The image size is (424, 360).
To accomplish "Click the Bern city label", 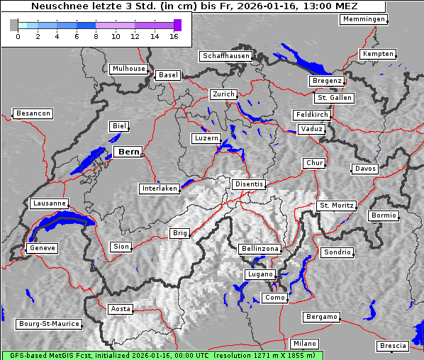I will coord(128,152).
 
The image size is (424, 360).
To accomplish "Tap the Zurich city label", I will coord(223,94).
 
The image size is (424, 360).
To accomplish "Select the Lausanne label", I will coord(49,203).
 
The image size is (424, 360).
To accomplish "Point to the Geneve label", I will coord(42,248).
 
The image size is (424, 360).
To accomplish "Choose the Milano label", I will coord(305,343).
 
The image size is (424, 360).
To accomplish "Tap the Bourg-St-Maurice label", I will coord(49,324).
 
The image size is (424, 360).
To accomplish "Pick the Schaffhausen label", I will coord(226,55).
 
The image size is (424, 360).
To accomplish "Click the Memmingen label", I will coord(364,19).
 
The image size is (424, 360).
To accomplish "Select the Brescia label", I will coord(394,345).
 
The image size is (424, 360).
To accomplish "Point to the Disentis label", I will coord(249,184).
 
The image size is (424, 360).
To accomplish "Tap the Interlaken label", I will coord(160,189).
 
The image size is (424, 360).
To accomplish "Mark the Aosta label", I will coord(121,309).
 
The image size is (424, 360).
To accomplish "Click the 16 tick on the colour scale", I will coord(174,35).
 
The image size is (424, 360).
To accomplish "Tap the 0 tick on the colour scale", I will coord(18,35).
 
